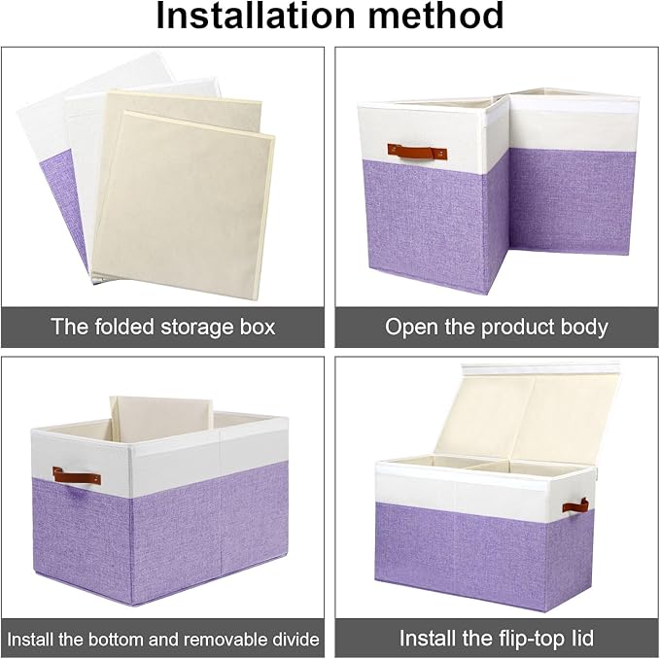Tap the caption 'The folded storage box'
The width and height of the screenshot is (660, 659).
point(163,327)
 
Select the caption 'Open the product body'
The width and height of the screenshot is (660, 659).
point(497,327)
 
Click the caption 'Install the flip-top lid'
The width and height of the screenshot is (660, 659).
point(497,639)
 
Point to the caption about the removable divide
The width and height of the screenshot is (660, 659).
point(163,639)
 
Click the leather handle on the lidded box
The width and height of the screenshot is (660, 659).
point(574,506)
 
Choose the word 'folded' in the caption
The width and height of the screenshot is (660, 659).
point(124,327)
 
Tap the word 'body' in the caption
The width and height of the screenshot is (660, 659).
point(584,327)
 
